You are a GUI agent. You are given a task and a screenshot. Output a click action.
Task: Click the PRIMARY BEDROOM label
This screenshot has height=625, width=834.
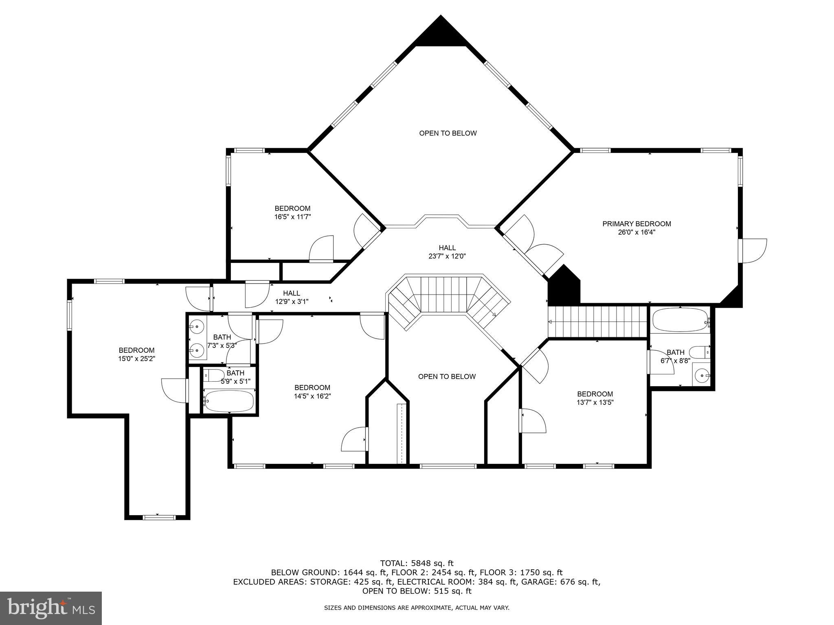pyautogui.click(x=636, y=224)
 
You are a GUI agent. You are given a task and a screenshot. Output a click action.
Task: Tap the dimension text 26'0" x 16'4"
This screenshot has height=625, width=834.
pyautogui.click(x=636, y=233)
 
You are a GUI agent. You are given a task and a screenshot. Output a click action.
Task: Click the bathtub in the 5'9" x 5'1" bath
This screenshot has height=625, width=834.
pyautogui.click(x=229, y=401)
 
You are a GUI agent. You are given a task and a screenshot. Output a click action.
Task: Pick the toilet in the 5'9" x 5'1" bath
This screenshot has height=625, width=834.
pyautogui.click(x=213, y=375)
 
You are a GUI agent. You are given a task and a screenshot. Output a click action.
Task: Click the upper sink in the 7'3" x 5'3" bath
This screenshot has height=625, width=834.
pyautogui.click(x=198, y=326)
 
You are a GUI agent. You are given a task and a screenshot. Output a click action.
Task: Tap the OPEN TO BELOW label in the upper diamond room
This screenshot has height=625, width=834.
pyautogui.click(x=448, y=133)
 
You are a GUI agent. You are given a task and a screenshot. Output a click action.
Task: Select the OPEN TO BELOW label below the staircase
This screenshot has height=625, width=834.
pyautogui.click(x=447, y=376)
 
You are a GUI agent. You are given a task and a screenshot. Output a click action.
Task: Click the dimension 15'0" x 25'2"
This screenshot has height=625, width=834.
pyautogui.click(x=136, y=359)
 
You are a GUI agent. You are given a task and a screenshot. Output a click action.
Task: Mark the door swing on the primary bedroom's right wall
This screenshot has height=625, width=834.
pyautogui.click(x=753, y=250)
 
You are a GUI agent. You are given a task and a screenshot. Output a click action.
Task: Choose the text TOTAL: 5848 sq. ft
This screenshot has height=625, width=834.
pyautogui.click(x=417, y=563)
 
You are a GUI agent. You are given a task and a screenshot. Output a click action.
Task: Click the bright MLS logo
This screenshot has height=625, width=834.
pyautogui.click(x=51, y=608)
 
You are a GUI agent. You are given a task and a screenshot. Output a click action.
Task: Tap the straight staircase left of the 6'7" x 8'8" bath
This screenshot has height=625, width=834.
pyautogui.click(x=598, y=322)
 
